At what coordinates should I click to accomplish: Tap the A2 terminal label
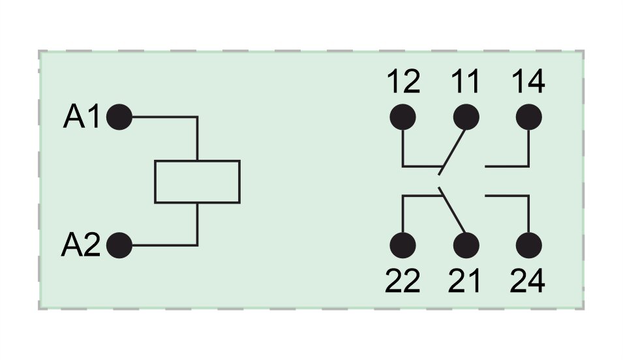81,246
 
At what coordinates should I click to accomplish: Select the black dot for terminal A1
119,117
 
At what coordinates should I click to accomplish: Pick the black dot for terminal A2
119,246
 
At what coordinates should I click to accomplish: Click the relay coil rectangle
197,181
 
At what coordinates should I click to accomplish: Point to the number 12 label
403,83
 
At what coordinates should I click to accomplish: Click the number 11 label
465,83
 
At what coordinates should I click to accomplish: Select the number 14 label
528,83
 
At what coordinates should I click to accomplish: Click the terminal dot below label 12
403,117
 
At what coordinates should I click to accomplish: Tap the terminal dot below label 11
466,117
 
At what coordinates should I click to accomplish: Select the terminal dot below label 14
528,117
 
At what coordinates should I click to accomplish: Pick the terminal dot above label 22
403,246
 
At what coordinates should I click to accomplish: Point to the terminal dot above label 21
466,246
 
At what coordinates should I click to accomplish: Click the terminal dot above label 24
528,246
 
